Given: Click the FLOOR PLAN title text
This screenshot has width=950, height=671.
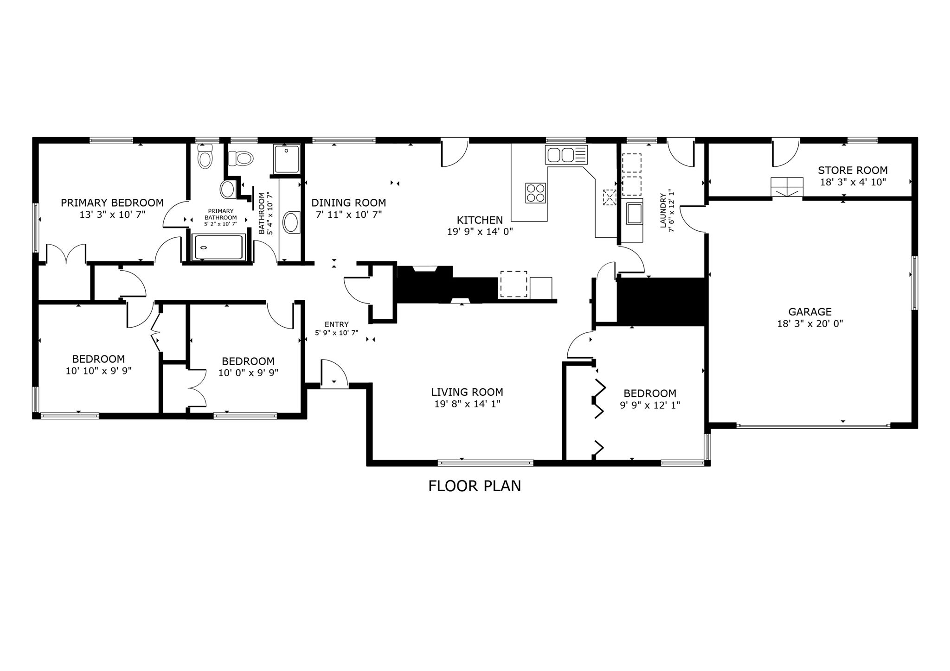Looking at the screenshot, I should coord(475,486).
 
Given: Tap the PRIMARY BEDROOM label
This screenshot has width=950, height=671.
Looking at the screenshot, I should coord(112,203).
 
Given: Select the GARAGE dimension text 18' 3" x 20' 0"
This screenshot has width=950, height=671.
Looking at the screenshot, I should coord(810,323).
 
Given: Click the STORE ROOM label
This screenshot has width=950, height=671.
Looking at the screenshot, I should coord(853,170).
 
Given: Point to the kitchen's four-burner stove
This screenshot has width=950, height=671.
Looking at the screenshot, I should coord(535,193).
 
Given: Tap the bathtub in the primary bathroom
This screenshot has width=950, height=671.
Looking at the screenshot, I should coord(218,247).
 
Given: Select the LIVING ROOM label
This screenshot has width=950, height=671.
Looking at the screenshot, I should coord(467,392).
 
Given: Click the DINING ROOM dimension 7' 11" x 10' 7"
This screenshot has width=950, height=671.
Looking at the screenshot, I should coord(348,214).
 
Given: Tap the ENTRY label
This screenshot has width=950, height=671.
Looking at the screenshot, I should coord(336,324).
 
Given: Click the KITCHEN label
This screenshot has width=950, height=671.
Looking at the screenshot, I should coord(480,220).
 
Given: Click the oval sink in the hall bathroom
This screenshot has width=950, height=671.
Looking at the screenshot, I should coord(291,222).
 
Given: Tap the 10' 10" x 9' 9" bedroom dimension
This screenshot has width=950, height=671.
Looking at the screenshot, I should coord(99,371).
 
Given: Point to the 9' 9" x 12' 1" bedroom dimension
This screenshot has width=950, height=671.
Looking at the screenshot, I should coord(650,405).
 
